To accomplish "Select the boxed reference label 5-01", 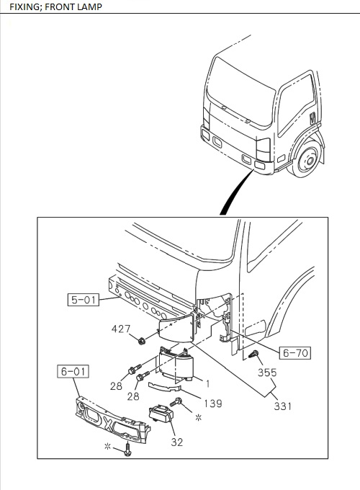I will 84,299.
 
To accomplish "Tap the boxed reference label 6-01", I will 73,372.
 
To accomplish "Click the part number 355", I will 267,373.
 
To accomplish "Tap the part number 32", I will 176,442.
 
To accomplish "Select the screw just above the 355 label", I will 255,354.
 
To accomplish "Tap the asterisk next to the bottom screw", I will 107,447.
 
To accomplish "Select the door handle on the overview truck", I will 312,117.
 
